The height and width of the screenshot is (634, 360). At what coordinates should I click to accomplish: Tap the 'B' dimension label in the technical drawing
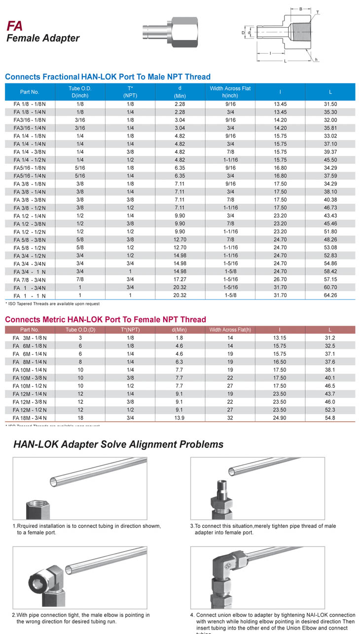pos(300,8)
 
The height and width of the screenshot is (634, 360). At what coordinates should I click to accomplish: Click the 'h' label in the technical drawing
pos(316,60)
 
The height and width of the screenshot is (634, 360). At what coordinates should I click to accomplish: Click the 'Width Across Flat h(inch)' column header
pos(230,92)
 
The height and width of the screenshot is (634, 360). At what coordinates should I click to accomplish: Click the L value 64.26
pos(330,295)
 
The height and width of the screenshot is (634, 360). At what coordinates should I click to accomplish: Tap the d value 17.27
pos(180,280)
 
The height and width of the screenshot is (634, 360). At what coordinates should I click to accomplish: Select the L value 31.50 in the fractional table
pos(330,104)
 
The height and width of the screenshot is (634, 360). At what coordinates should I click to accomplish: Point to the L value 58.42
pos(330,271)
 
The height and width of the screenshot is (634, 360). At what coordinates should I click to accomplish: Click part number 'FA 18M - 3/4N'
pos(30,418)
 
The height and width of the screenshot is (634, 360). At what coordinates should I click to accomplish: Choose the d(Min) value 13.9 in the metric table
pos(179,418)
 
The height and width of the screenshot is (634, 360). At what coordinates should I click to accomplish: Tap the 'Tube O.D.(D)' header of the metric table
pos(80,330)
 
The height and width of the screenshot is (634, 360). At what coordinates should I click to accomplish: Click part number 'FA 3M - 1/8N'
pos(30,338)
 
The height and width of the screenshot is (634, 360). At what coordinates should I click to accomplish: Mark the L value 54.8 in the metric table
pos(330,418)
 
